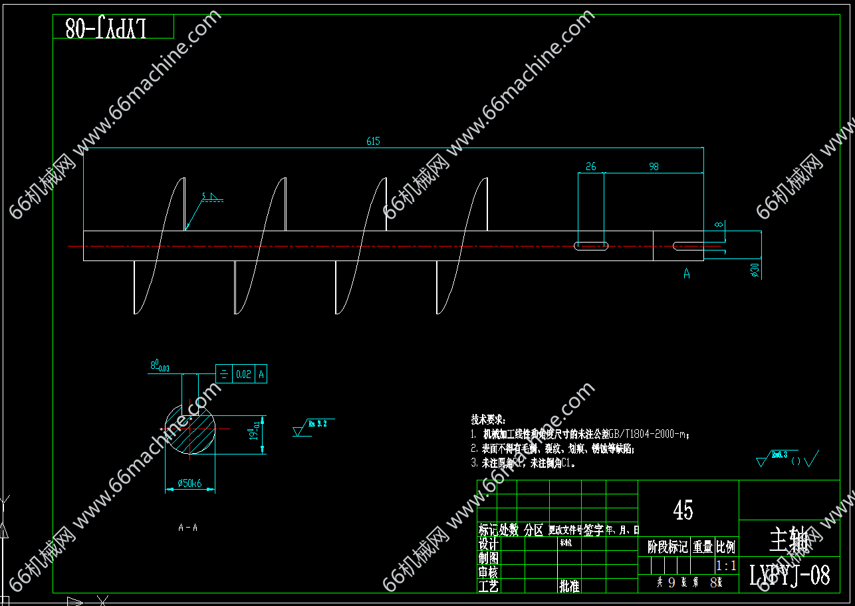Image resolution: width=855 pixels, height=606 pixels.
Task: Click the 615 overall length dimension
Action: (x=373, y=141)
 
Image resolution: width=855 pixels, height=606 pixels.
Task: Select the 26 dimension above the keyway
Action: (x=591, y=167)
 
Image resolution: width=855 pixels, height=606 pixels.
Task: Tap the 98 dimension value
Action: (x=654, y=167)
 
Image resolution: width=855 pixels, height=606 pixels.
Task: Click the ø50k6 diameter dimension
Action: (x=189, y=484)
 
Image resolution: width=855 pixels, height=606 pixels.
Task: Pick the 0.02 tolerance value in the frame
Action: (x=243, y=375)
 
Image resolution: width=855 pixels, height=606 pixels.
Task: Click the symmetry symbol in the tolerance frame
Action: (x=223, y=375)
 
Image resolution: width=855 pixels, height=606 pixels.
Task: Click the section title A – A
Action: (x=187, y=528)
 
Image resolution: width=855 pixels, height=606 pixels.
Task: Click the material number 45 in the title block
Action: (x=683, y=510)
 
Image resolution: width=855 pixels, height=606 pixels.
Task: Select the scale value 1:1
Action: (x=726, y=565)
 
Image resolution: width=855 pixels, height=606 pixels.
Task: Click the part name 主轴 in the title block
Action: (x=789, y=541)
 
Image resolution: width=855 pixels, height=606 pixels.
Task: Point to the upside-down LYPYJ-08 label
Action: (x=106, y=27)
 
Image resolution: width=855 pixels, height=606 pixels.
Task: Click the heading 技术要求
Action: (x=488, y=420)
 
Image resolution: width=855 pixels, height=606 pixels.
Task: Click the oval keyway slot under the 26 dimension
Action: (x=591, y=246)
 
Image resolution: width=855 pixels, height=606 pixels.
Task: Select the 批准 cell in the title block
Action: (x=569, y=586)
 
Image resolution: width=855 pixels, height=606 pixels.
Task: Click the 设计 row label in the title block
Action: (x=489, y=544)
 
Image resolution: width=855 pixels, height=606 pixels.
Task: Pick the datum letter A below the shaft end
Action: (x=687, y=274)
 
